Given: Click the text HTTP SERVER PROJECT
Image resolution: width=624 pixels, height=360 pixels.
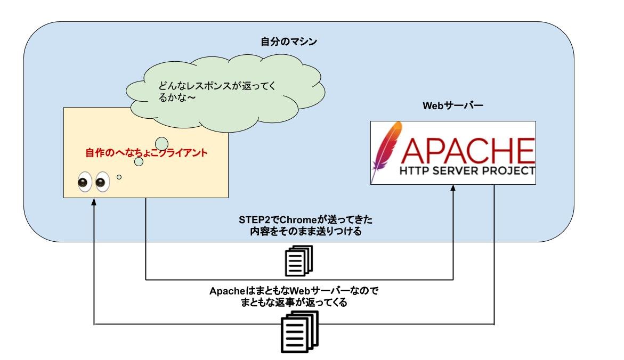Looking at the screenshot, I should click(x=466, y=171).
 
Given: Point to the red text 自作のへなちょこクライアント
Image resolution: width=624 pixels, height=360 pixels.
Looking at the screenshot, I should click(x=146, y=153).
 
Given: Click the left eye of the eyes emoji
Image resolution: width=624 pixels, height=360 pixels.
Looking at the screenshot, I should click(x=84, y=182).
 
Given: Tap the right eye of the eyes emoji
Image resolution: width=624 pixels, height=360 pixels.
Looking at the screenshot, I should click(x=101, y=182).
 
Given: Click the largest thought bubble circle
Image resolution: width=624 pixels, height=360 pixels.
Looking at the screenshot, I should click(x=161, y=144).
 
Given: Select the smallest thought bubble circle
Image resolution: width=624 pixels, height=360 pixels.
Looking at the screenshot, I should click(x=119, y=177).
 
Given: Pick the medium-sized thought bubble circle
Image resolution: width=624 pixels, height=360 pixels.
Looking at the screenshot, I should click(x=139, y=161).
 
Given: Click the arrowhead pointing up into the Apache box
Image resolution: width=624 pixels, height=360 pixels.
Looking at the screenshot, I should click(x=453, y=189).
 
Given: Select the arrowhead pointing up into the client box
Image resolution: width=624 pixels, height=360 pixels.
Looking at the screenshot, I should click(x=94, y=202).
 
